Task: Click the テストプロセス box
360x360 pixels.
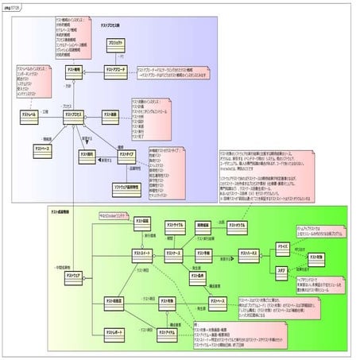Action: coord(76,115)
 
